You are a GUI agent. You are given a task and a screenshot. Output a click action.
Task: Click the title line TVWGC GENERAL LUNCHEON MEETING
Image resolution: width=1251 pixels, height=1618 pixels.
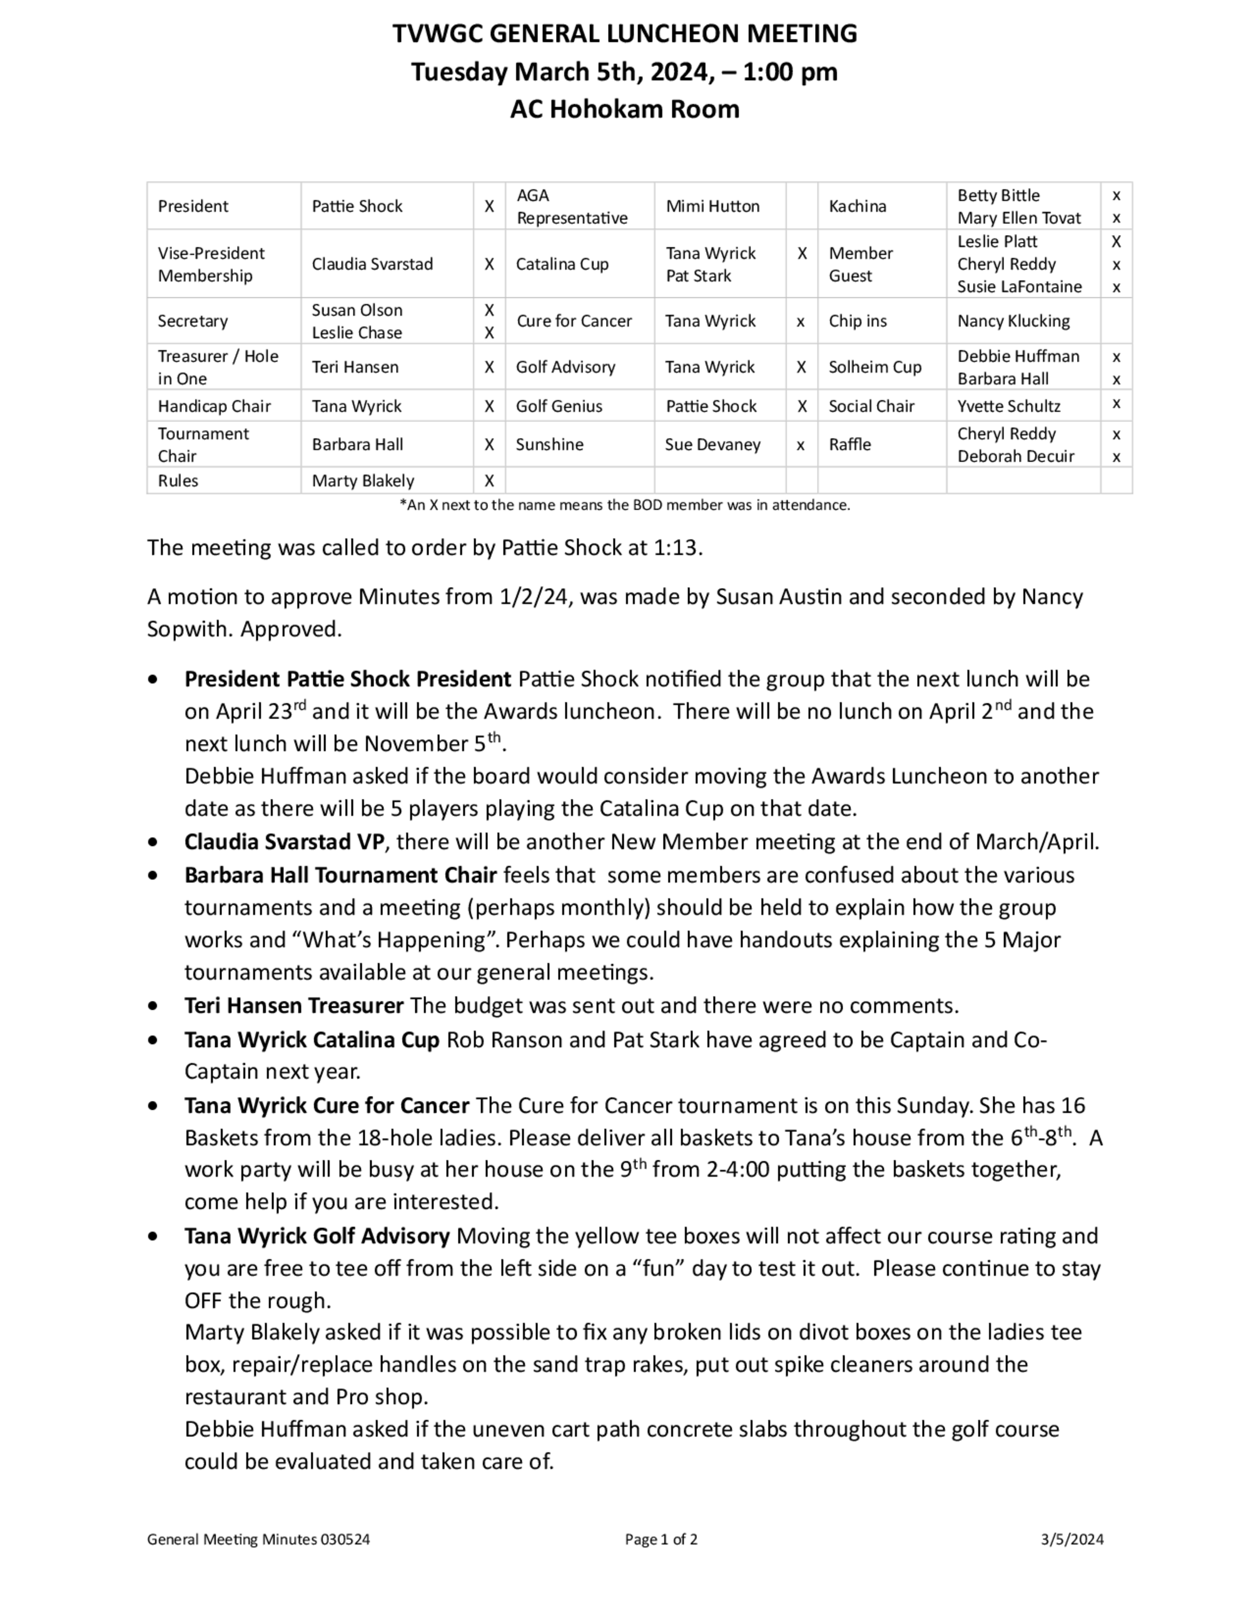pyautogui.click(x=624, y=34)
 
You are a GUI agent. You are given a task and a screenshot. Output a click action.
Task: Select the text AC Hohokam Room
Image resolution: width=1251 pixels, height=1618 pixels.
pyautogui.click(x=624, y=109)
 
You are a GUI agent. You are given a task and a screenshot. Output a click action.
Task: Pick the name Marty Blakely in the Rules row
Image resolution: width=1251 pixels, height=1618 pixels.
pyautogui.click(x=362, y=481)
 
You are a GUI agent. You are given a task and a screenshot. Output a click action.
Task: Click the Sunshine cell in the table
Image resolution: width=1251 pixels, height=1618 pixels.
pyautogui.click(x=549, y=445)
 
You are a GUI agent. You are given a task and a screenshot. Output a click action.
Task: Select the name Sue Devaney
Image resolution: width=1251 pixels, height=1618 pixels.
pyautogui.click(x=712, y=445)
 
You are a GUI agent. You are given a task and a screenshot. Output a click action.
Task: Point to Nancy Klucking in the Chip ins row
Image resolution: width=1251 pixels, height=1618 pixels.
pyautogui.click(x=1013, y=321)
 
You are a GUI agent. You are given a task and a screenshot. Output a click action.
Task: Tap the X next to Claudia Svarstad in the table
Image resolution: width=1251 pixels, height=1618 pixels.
pyautogui.click(x=489, y=264)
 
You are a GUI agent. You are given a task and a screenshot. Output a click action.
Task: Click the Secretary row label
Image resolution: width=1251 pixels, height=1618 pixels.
pyautogui.click(x=193, y=321)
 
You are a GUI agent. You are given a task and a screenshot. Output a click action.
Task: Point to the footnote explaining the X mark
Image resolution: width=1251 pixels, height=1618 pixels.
pyautogui.click(x=624, y=505)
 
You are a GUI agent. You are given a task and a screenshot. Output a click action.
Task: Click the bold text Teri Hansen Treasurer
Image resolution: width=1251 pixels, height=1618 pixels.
pyautogui.click(x=293, y=1005)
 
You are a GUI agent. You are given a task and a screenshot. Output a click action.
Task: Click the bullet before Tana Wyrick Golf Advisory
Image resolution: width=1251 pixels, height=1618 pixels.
pyautogui.click(x=153, y=1236)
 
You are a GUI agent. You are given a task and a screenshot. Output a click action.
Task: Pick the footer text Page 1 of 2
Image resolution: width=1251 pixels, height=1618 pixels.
pyautogui.click(x=661, y=1539)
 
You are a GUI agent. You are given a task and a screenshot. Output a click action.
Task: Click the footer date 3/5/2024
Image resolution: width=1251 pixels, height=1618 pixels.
pyautogui.click(x=1071, y=1539)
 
